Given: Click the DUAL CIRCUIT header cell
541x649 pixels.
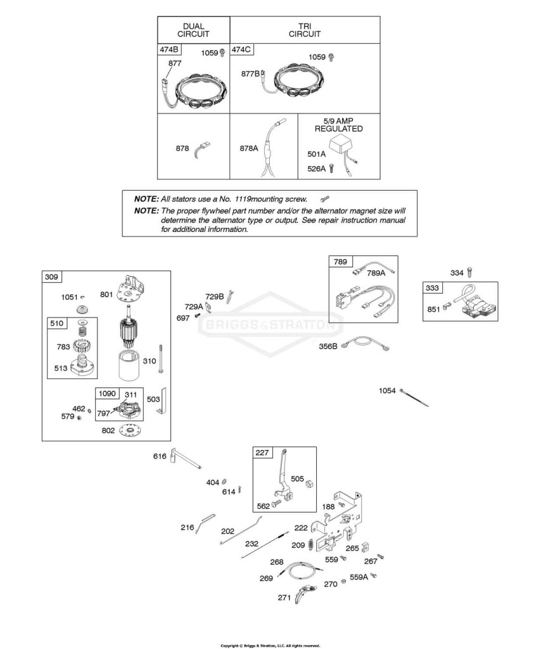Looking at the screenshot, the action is (x=194, y=30).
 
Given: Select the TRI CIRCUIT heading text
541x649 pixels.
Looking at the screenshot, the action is (x=305, y=30).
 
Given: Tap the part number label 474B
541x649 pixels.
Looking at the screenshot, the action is (x=169, y=49).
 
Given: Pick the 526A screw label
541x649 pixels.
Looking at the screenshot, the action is (x=316, y=169).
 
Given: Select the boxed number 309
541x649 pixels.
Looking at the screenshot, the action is (x=51, y=276).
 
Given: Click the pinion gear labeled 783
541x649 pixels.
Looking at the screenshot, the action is (x=82, y=344).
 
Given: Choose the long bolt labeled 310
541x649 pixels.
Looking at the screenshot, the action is (x=160, y=359).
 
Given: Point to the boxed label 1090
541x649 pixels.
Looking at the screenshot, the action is (x=107, y=393).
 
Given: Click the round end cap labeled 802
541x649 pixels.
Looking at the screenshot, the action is (x=130, y=430).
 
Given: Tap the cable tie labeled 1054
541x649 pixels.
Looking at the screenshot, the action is (x=414, y=397).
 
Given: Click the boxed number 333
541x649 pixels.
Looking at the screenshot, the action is (x=432, y=288).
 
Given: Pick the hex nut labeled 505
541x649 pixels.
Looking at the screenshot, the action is (x=310, y=483).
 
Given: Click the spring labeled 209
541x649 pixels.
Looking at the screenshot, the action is (x=310, y=545).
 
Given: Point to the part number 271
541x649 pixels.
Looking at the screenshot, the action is (x=284, y=598).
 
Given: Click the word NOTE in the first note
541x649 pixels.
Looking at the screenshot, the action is (x=146, y=199).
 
